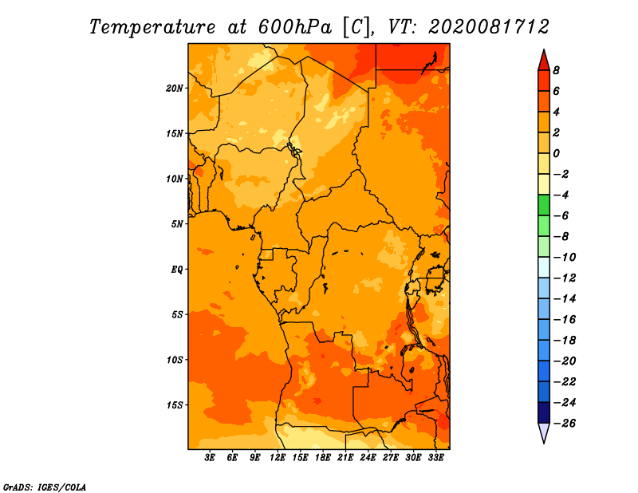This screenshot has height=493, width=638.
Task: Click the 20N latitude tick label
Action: [175, 89]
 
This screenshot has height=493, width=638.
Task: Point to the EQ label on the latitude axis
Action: [176, 270]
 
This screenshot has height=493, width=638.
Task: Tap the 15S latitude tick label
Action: [175, 405]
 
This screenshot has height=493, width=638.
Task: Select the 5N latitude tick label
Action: [177, 224]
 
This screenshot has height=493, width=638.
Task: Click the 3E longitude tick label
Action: [210, 457]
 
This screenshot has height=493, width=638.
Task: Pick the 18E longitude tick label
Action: [323, 457]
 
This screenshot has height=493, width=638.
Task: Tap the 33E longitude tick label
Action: [435, 457]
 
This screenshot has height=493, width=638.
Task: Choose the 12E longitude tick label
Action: [278, 457]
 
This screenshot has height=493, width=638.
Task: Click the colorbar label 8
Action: [556, 70]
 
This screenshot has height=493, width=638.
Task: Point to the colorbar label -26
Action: [565, 424]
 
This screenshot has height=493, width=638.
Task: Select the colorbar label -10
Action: [565, 258]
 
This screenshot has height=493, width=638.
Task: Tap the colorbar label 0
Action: [556, 153]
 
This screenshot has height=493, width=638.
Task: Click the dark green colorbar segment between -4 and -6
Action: [544, 205]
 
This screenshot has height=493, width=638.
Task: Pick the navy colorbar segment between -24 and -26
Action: [544, 412]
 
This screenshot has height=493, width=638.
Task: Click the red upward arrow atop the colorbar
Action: [544, 61]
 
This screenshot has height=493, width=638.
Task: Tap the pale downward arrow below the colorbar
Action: [544, 432]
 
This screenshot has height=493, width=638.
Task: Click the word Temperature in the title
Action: [152, 27]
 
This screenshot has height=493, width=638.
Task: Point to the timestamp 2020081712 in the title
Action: [489, 27]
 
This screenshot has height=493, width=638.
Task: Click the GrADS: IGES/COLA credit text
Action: [45, 487]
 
